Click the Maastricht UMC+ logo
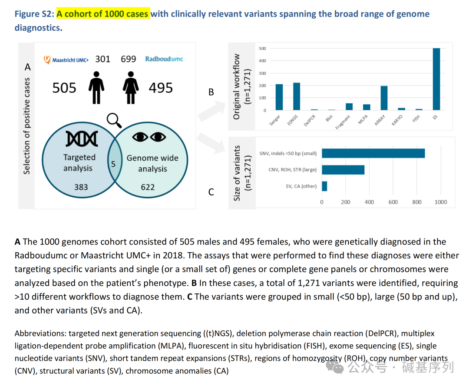coord(67,59)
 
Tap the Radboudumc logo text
coord(164,59)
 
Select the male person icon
coord(96,88)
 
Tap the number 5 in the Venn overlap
coord(113,164)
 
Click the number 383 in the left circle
coord(81,187)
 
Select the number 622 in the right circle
coord(148,187)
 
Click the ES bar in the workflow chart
coord(436,79)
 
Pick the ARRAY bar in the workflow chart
coord(384,98)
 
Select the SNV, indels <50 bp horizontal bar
coord(373,153)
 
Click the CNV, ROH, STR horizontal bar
coord(343,170)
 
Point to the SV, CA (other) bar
coord(324,186)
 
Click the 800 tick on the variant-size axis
coord(417,202)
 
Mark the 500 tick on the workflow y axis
coord(262,49)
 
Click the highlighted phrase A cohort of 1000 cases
coord(102,14)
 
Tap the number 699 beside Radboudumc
coord(129,59)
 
